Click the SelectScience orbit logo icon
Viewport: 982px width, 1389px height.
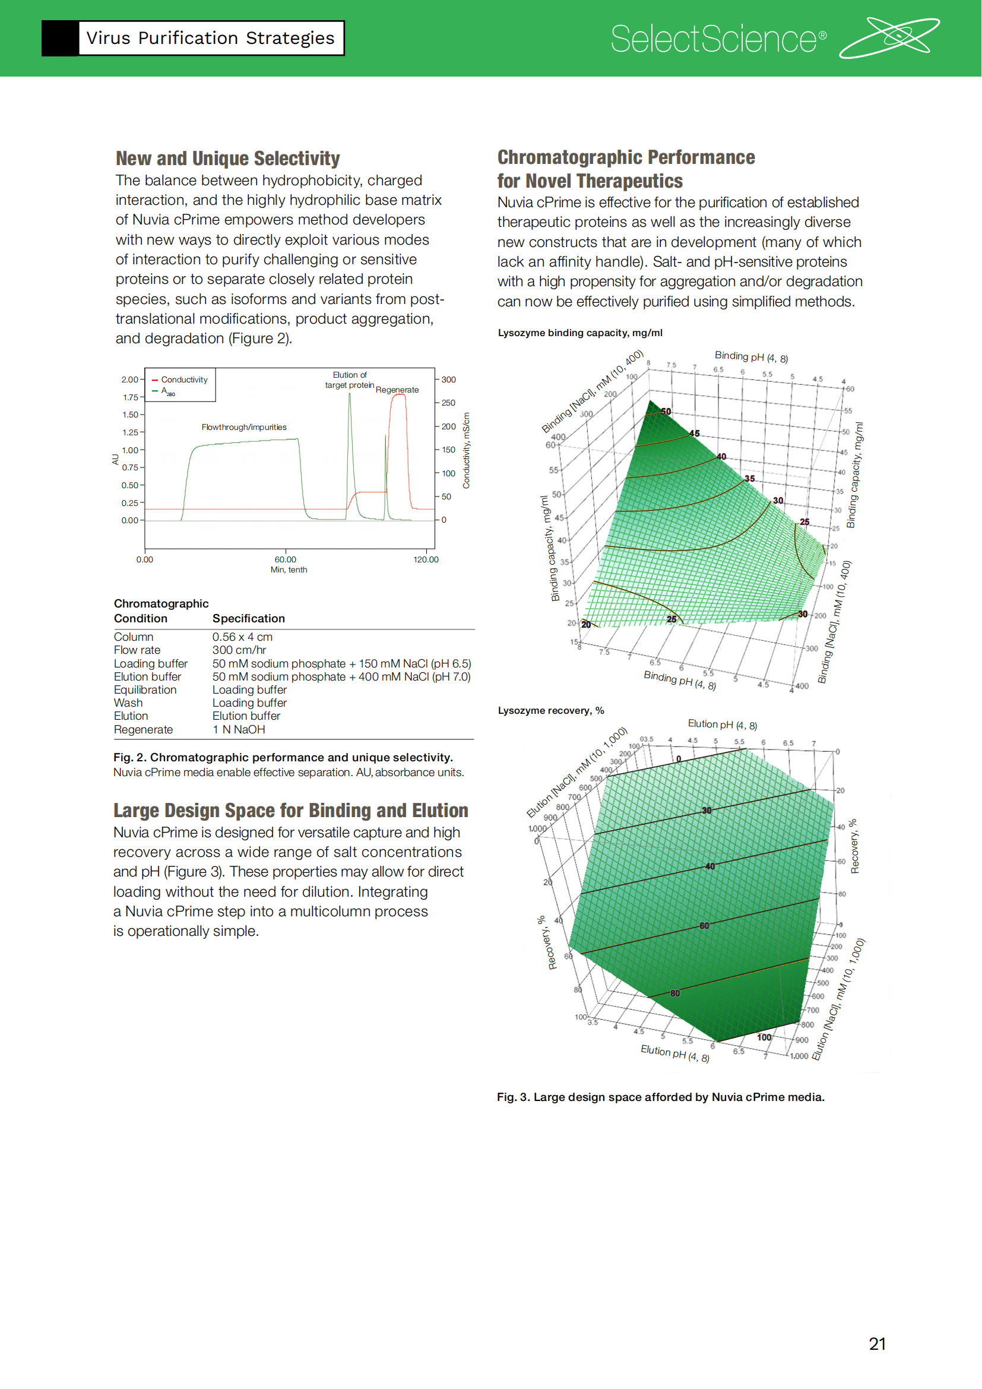(x=889, y=37)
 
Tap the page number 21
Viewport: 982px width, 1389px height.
(x=877, y=1344)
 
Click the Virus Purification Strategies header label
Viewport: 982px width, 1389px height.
(x=210, y=38)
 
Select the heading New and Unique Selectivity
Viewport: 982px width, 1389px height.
(x=227, y=159)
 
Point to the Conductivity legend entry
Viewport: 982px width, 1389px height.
(x=184, y=380)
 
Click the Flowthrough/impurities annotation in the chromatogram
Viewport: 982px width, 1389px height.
(x=243, y=427)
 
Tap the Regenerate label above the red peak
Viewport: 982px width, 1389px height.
(x=397, y=390)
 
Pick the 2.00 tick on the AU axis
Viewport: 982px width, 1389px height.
(x=129, y=380)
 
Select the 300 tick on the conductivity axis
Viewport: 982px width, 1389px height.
(x=448, y=380)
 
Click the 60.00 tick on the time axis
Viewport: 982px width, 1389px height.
(x=286, y=559)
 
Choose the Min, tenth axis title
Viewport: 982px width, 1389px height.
(x=289, y=570)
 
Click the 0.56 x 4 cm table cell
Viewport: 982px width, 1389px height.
(x=242, y=637)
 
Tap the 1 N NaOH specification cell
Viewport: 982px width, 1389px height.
(x=238, y=730)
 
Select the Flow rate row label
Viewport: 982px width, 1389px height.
(x=137, y=650)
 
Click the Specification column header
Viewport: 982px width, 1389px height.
(x=248, y=618)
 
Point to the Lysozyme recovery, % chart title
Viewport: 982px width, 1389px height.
(x=550, y=710)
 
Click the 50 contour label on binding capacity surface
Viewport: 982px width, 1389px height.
(x=666, y=412)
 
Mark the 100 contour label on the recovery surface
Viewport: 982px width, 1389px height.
(x=764, y=1037)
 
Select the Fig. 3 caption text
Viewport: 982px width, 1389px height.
(x=660, y=1097)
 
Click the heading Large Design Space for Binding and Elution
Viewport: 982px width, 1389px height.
(x=290, y=811)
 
